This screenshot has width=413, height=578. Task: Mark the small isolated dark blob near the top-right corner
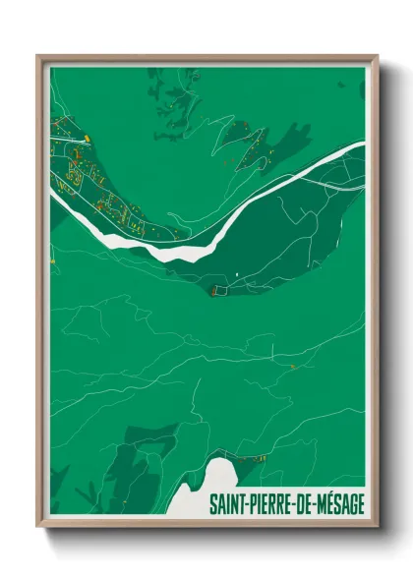[x=340, y=86]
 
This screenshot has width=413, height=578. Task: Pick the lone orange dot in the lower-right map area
[x=292, y=367]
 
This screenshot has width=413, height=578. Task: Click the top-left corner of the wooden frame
[x=38, y=57]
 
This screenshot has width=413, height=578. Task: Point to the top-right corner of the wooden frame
[x=376, y=57]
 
